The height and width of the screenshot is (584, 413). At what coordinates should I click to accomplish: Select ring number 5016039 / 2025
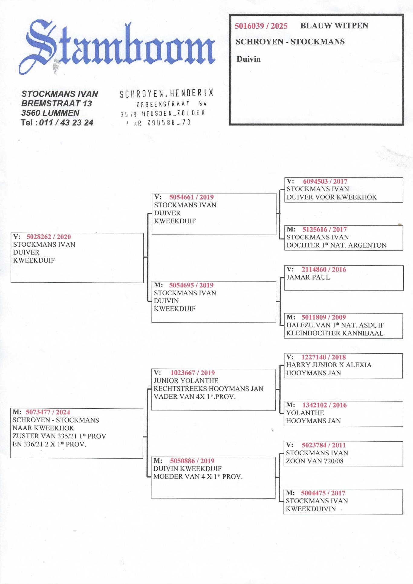(261, 26)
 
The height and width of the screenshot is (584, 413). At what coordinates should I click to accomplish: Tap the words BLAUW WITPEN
(334, 26)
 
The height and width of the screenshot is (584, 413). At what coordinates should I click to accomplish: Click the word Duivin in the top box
(249, 59)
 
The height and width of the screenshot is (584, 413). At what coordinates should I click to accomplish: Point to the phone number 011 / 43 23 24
(66, 122)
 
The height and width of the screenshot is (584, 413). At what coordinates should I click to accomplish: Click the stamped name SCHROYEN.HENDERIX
(167, 93)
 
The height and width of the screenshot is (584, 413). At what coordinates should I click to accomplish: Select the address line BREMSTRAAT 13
(57, 103)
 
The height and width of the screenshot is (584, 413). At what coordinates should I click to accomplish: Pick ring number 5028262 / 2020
(49, 237)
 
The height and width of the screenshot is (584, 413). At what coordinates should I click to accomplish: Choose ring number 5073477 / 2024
(48, 412)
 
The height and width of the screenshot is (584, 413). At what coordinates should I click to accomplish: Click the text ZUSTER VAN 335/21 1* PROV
(59, 436)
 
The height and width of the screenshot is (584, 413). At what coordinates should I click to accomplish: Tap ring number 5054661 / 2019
(191, 197)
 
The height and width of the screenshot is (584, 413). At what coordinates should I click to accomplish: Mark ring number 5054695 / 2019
(191, 285)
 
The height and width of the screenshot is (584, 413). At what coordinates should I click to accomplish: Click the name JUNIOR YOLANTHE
(186, 381)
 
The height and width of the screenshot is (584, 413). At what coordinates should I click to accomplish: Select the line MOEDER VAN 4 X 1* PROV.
(198, 477)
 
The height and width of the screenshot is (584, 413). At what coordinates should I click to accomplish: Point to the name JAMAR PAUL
(308, 277)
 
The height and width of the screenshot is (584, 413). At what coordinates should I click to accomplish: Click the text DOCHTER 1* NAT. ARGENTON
(337, 245)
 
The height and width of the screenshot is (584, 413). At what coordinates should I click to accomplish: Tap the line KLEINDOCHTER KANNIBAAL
(335, 333)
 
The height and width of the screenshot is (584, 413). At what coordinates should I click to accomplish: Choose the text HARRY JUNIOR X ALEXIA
(329, 365)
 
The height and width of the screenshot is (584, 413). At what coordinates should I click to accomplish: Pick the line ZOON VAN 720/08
(315, 461)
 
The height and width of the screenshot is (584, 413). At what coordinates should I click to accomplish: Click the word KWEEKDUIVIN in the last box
(311, 509)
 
